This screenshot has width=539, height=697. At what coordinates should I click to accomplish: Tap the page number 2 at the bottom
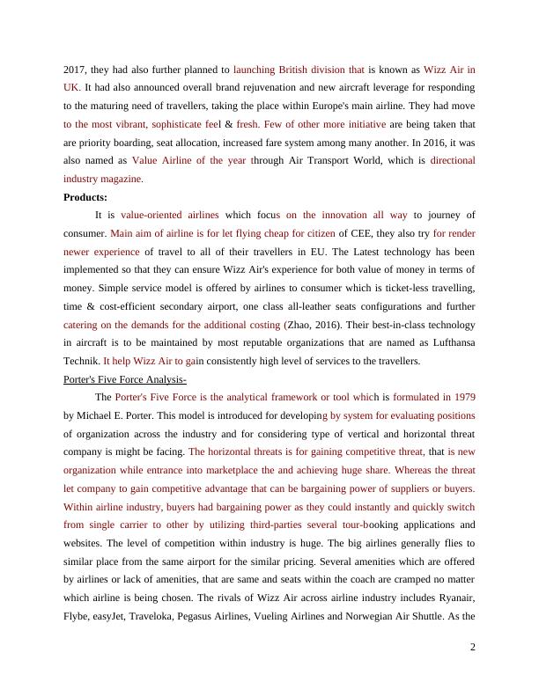(x=473, y=647)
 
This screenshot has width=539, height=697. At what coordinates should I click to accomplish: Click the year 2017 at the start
(x=76, y=68)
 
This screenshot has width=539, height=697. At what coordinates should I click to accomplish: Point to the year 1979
(x=459, y=396)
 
